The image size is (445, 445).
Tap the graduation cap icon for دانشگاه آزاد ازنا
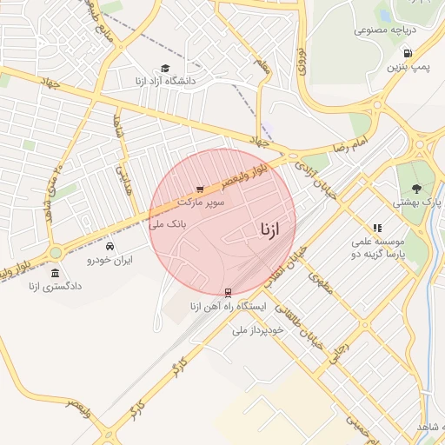pos(165,68)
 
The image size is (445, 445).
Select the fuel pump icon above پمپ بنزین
pos(408,52)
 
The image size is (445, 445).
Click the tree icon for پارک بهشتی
pos(416,188)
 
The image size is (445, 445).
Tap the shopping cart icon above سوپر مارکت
pos(201,188)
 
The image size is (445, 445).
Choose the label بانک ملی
pos(169,223)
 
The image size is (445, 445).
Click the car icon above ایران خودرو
pos(109,246)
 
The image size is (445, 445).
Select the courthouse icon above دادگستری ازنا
pos(56,273)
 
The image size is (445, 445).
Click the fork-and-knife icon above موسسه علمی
pos(377,227)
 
